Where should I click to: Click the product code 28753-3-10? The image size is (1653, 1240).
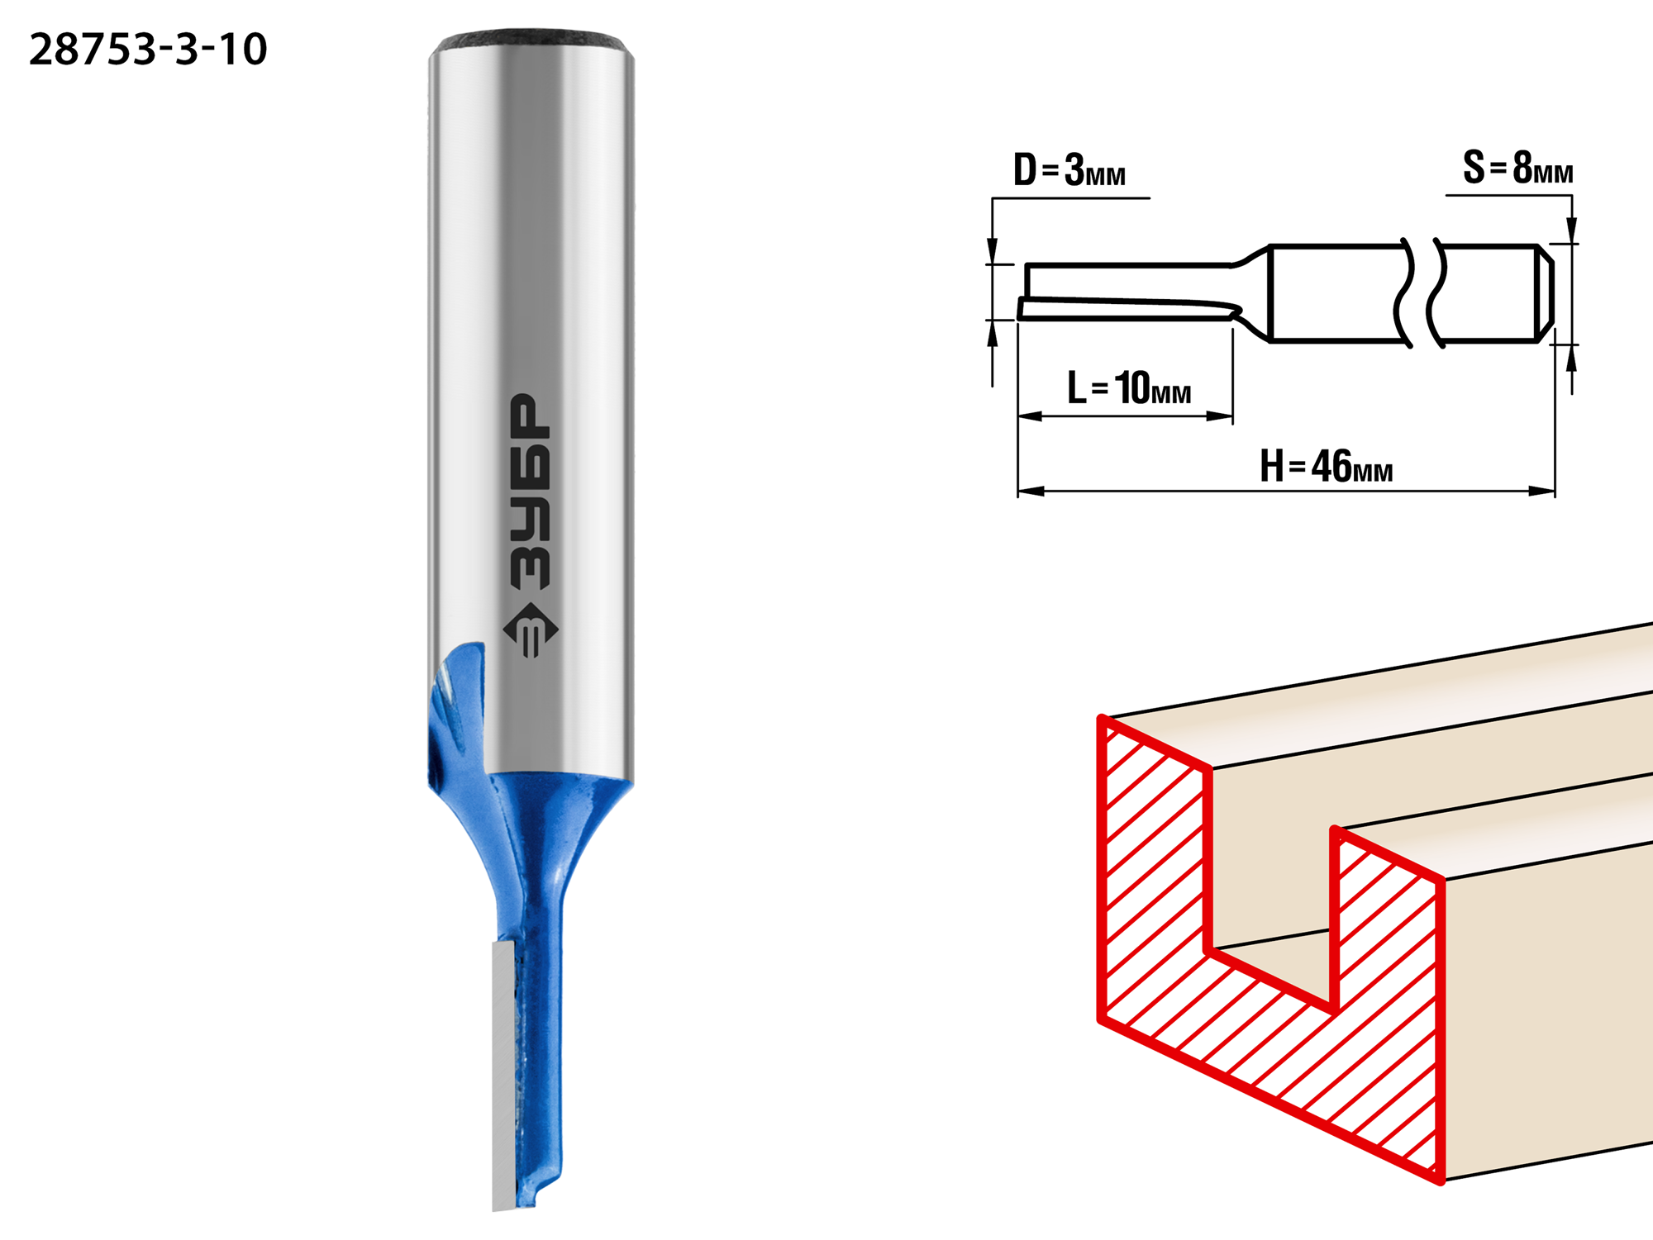tap(148, 50)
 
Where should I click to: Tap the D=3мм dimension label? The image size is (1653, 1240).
tap(1069, 170)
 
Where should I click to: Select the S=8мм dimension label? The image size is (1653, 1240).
tap(1518, 168)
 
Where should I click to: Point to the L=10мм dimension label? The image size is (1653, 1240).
tap(1129, 387)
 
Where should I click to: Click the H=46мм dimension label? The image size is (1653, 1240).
tap(1327, 467)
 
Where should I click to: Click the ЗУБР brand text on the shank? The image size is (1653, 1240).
tap(530, 492)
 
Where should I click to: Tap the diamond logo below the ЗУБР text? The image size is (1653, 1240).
tap(531, 630)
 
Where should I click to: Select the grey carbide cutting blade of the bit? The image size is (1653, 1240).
tap(505, 1074)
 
